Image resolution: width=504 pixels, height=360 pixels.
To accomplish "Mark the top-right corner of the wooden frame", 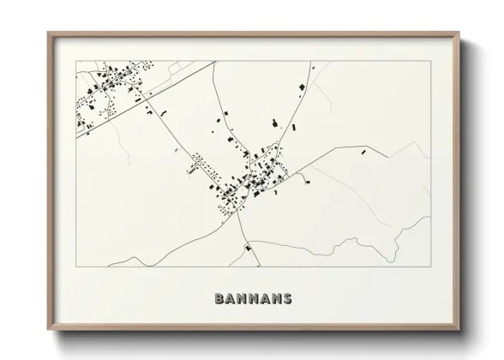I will point(460,33).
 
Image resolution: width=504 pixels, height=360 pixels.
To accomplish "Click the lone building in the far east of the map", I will point(364,153).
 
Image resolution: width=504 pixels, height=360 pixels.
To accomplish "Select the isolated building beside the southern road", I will point(249,248).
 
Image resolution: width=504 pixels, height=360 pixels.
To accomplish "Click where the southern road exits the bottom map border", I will point(253,267).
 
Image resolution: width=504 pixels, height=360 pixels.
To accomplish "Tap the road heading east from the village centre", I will point(334,156).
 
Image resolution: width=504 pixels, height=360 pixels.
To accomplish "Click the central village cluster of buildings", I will point(253,176).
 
